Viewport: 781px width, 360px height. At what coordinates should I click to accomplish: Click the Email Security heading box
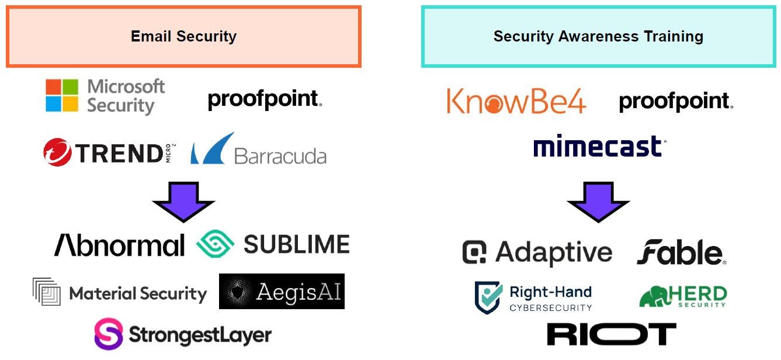(x=183, y=36)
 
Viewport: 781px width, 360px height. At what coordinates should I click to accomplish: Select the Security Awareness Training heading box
(x=598, y=36)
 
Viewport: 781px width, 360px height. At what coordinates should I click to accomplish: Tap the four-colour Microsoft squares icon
(x=62, y=96)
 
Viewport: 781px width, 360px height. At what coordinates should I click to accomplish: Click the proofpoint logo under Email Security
(x=265, y=99)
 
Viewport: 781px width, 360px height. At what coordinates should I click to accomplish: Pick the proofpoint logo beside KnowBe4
(x=676, y=102)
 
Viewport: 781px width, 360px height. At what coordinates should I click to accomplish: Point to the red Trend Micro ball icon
(x=57, y=153)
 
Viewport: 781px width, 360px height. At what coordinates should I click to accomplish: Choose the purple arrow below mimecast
(x=598, y=202)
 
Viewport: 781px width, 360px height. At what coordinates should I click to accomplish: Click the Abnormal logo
(x=119, y=245)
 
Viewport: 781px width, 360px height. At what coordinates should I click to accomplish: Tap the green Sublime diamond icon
(x=215, y=244)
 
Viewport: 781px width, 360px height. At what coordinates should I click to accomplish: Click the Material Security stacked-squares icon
(x=47, y=292)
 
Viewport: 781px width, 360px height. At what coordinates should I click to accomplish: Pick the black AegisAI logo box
(x=282, y=291)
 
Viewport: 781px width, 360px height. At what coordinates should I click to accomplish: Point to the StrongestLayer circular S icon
(x=109, y=334)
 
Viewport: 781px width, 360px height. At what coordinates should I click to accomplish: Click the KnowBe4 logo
(x=516, y=101)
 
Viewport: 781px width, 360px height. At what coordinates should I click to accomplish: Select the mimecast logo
(x=599, y=146)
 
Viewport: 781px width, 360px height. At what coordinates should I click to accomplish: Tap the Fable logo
(x=681, y=253)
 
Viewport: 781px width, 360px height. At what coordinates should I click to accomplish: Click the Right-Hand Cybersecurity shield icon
(x=488, y=297)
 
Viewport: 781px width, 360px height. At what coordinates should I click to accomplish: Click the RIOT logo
(x=611, y=334)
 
